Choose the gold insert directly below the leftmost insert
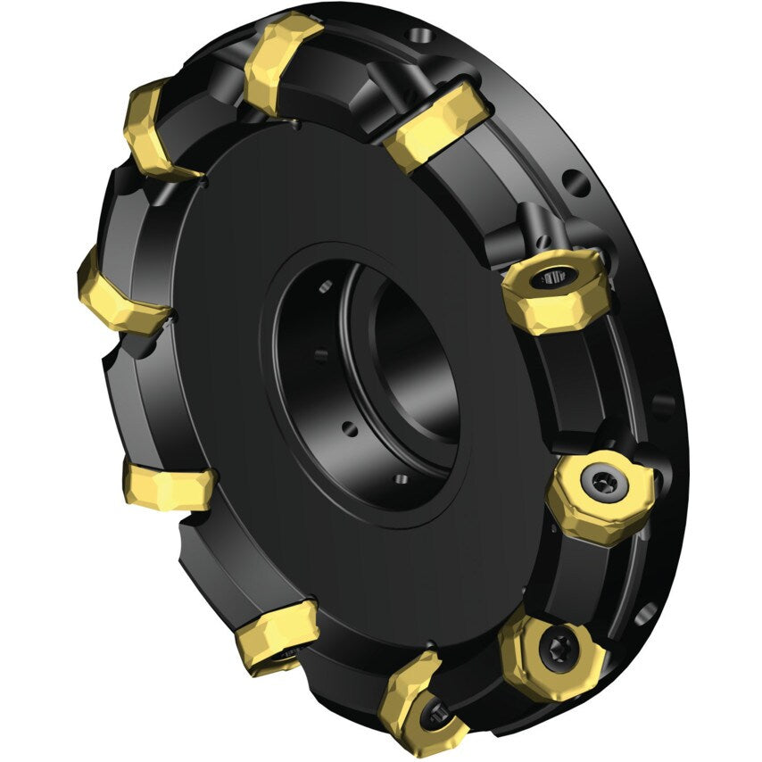point(170,487)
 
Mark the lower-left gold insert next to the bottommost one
point(277,634)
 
